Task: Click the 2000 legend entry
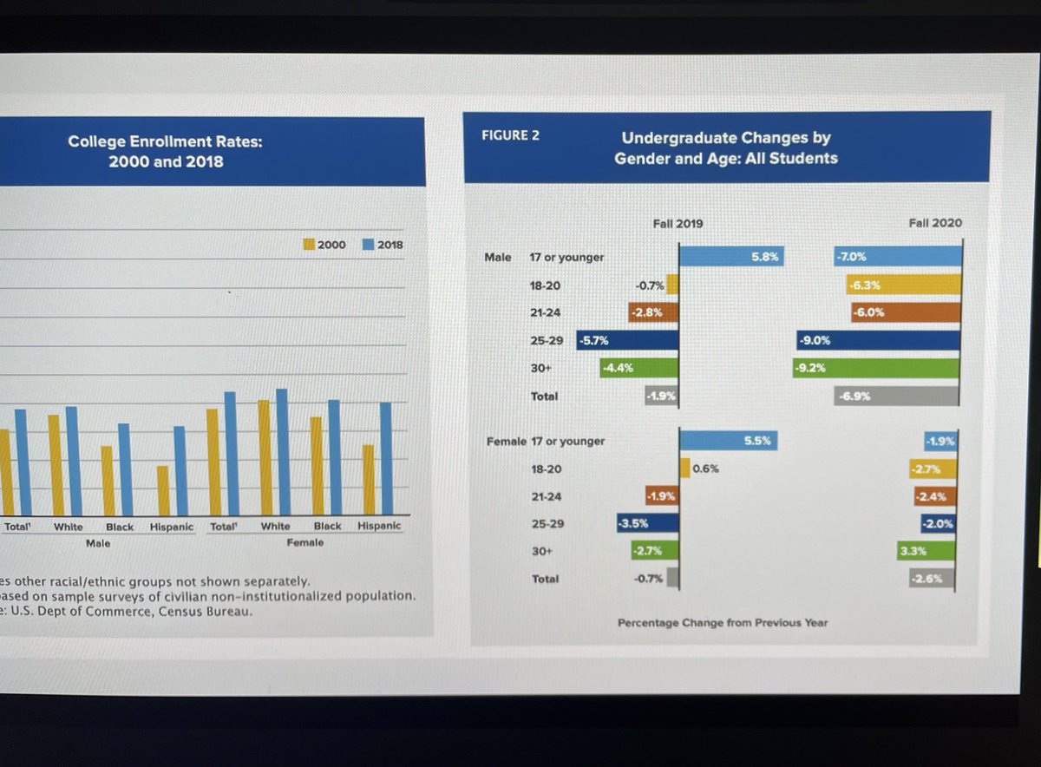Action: (324, 245)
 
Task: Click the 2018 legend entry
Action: (383, 245)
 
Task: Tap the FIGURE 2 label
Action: (510, 135)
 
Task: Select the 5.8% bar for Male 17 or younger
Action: (730, 257)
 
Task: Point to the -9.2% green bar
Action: (875, 368)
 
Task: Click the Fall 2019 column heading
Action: (678, 224)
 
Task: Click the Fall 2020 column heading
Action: (934, 223)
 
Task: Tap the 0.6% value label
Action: (705, 469)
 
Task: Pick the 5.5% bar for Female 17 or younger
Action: (728, 441)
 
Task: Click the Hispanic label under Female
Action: (379, 526)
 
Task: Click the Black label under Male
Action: (120, 527)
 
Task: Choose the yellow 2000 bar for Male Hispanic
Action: (163, 490)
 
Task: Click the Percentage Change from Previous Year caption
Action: (722, 622)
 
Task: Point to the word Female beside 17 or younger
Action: (506, 441)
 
